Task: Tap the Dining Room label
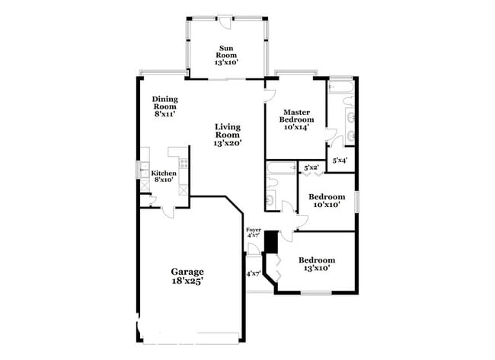164,107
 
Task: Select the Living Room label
228,135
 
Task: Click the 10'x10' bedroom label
327,200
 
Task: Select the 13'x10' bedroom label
316,264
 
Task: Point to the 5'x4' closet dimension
340,160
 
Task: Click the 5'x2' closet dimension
311,167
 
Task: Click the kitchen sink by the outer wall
145,170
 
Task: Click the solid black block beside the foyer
269,243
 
